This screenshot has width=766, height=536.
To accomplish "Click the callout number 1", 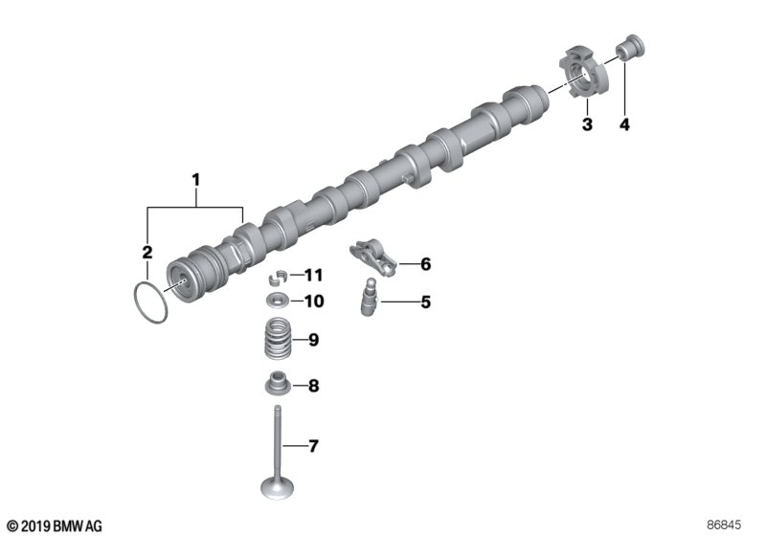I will coord(196,179).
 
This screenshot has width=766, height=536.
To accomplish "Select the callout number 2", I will coord(147,253).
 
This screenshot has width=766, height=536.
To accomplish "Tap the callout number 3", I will coord(587,124).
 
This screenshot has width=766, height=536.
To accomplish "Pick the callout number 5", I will coord(425,302).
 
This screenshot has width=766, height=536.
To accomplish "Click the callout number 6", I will coord(425,263).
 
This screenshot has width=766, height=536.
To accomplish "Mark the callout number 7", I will coord(312,446).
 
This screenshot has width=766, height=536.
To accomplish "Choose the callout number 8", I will coord(312,387).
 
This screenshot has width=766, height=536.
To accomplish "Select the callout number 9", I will coord(312,339).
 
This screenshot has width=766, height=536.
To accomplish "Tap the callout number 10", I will coord(314,301).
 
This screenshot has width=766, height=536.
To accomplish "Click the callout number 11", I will coord(314,276).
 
